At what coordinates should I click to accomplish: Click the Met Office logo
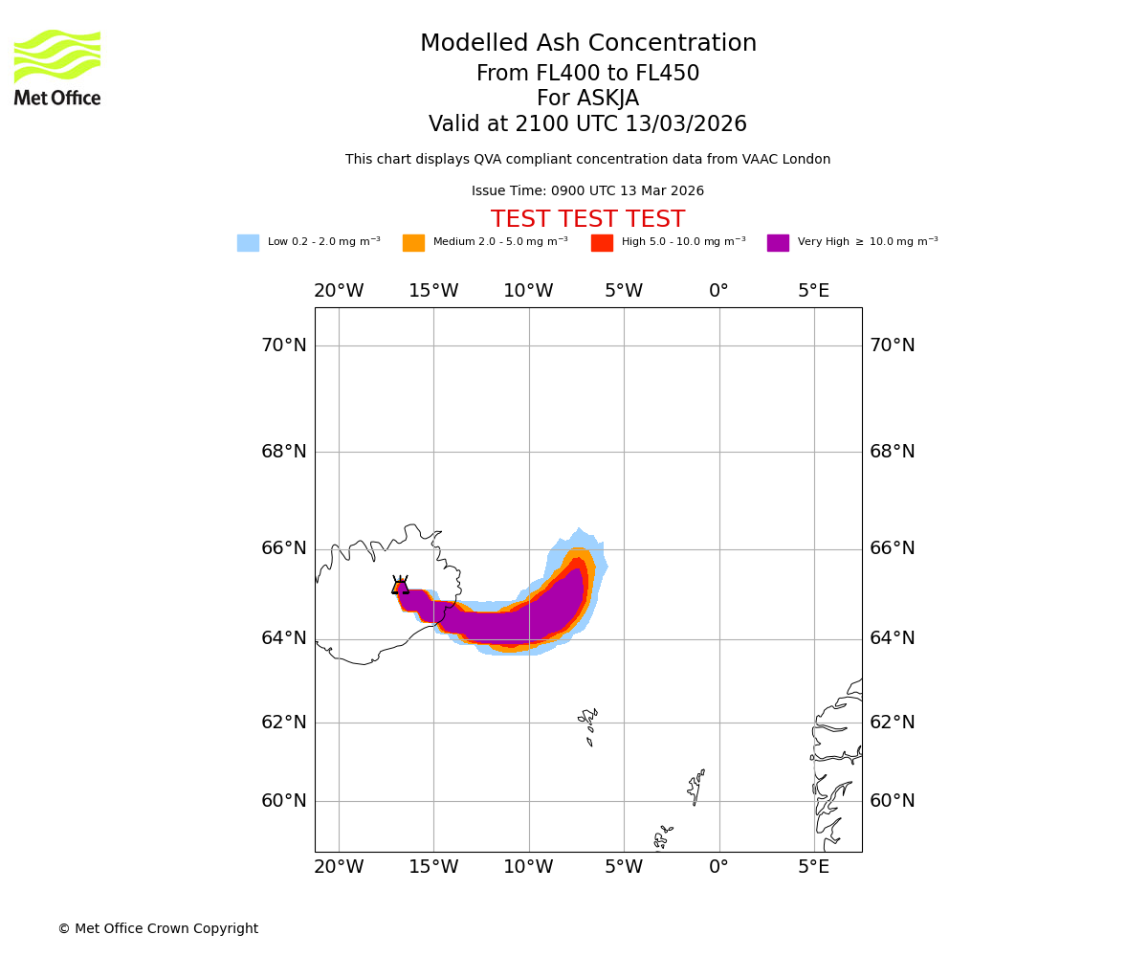[x=57, y=67]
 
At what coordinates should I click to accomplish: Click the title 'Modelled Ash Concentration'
[x=587, y=44]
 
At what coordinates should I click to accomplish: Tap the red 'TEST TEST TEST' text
[x=587, y=220]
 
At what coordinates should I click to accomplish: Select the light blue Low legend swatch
[x=248, y=243]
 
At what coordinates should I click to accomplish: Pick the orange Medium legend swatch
[x=413, y=243]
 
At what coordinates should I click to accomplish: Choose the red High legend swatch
[x=602, y=243]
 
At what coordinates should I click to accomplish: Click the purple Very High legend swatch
[x=778, y=243]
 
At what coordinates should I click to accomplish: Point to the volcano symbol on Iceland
[x=400, y=586]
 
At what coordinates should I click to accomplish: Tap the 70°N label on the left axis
[x=284, y=345]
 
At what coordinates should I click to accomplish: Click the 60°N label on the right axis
[x=892, y=801]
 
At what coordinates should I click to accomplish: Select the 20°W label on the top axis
[x=339, y=291]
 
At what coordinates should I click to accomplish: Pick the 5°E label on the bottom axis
[x=814, y=867]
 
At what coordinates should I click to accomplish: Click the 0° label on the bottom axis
[x=718, y=867]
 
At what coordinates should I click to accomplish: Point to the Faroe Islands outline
[x=588, y=724]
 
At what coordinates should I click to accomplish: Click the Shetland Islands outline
[x=695, y=787]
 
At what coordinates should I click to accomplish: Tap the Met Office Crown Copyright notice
[x=158, y=929]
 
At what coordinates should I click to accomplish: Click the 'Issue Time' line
[x=587, y=191]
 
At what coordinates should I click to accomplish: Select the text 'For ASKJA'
[x=587, y=99]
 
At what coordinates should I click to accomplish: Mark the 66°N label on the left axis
[x=284, y=548]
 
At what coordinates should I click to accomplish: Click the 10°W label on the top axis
[x=528, y=291]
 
